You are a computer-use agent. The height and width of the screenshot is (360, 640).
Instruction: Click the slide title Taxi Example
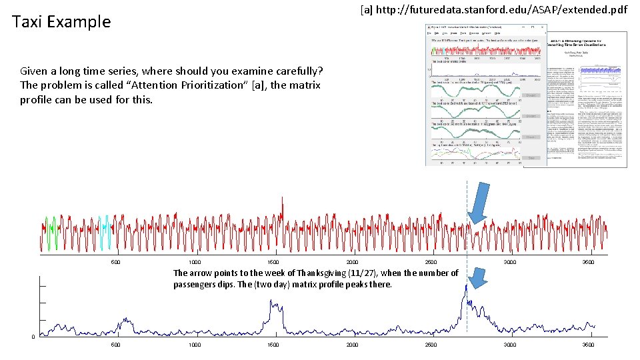click(x=61, y=21)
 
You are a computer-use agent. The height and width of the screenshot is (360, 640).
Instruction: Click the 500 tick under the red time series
click(x=115, y=262)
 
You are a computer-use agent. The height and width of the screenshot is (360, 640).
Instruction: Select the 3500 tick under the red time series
click(x=589, y=262)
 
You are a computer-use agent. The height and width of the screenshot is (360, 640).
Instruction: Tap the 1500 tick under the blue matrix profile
click(x=273, y=345)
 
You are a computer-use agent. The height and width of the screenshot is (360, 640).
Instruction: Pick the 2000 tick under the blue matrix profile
click(x=352, y=345)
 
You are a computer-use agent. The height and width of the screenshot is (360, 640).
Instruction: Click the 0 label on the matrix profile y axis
click(x=33, y=336)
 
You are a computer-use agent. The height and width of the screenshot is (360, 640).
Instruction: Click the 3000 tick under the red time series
click(x=510, y=262)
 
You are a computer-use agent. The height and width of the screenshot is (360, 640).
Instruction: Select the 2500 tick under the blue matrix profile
click(x=431, y=345)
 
